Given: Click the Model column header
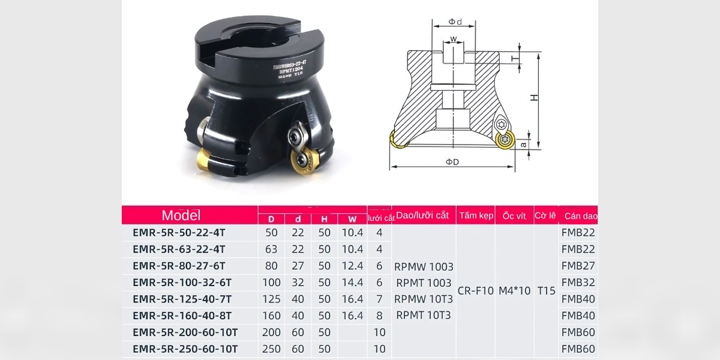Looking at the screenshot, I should [x=181, y=215].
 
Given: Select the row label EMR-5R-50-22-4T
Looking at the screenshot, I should [x=179, y=233].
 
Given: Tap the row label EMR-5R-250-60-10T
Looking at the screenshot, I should [x=185, y=349].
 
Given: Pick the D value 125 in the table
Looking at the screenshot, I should [x=271, y=299].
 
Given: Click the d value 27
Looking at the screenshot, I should [x=298, y=266].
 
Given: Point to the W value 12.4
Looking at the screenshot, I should [x=352, y=266].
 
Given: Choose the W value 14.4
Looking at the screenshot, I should [x=352, y=282].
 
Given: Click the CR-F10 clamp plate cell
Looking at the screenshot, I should [x=475, y=291].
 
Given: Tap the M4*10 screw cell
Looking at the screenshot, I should [x=514, y=291].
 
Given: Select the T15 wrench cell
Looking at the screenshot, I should [x=546, y=291].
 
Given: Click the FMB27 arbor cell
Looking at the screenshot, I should [x=578, y=266].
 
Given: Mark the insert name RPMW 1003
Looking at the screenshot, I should [x=424, y=266].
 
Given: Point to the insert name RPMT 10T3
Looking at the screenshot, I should [x=424, y=315].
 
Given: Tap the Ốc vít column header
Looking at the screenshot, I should [x=514, y=215].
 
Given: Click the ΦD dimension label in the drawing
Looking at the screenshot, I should [x=452, y=162].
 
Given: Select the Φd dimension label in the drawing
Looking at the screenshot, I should [x=455, y=22].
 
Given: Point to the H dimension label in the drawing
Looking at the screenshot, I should [x=534, y=97].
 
